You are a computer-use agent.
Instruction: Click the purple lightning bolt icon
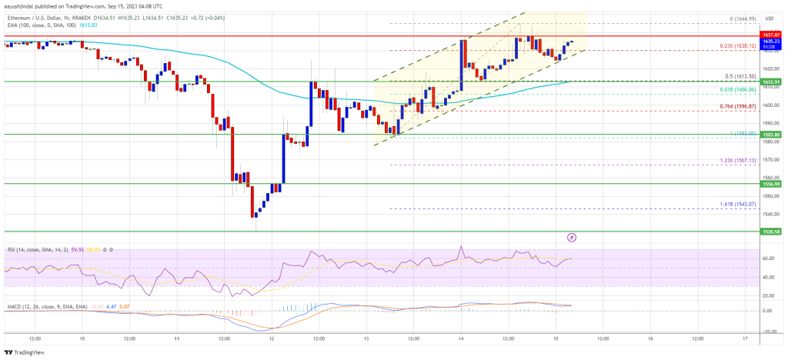[572, 238]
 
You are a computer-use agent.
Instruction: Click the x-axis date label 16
[650, 338]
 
